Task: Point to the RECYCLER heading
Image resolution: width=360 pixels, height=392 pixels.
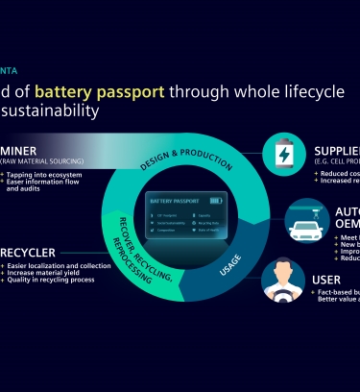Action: (x=28, y=252)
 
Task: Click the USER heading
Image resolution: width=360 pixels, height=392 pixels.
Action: (x=326, y=280)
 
